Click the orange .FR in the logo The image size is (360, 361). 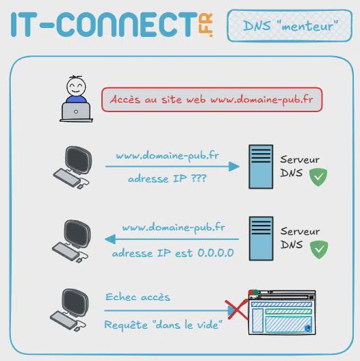tap(205, 25)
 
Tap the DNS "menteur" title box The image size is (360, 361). tap(290, 25)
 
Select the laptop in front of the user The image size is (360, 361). tap(76, 112)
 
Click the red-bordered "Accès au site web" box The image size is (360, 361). tap(211, 99)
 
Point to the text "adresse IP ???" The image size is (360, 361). tap(167, 178)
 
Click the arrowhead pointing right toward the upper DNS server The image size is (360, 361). tap(234, 166)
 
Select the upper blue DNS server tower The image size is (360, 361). tap(261, 167)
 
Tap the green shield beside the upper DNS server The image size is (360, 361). tap(318, 177)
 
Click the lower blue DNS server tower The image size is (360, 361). tap(261, 239)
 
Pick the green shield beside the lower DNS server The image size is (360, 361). tap(319, 250)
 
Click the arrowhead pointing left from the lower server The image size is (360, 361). tap(110, 239)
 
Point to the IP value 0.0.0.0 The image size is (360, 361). tap(216, 253)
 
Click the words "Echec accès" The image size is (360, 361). tap(138, 297)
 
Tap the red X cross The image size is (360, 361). tap(237, 309)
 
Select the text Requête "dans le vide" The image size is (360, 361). tap(163, 325)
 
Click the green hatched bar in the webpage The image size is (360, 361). tap(288, 312)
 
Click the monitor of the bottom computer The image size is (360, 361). tap(75, 304)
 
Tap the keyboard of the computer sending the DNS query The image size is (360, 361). tap(67, 178)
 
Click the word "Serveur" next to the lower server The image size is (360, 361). tap(300, 231)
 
